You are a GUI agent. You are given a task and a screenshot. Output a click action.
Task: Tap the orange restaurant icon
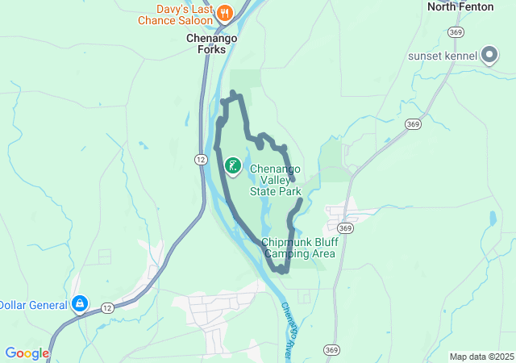224,12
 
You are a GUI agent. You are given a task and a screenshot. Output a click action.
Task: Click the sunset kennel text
443,56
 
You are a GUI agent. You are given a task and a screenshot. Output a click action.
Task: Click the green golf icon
232,167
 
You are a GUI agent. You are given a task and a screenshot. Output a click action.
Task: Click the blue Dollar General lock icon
80,303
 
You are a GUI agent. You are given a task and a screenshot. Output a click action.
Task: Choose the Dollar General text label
32,304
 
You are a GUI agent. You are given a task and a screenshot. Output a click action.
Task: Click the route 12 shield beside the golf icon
200,160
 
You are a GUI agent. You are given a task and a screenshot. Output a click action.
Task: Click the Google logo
27,353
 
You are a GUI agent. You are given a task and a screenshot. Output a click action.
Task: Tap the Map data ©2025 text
481,357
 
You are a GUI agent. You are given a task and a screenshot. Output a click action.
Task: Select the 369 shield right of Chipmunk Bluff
346,228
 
